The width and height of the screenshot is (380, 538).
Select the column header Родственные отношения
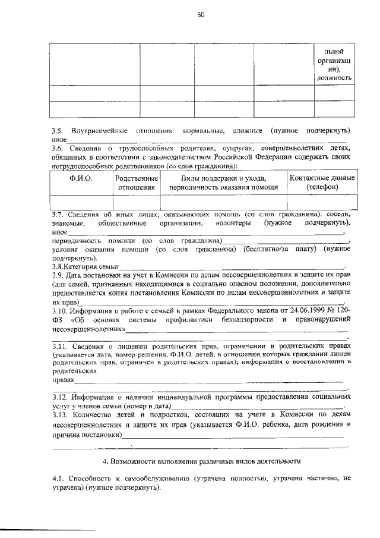[x=136, y=183]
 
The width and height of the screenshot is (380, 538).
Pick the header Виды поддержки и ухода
[x=223, y=178]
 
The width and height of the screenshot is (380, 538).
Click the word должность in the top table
[x=334, y=77]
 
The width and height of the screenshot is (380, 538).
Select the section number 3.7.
[x=57, y=214]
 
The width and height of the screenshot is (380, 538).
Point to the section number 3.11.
[x=59, y=345]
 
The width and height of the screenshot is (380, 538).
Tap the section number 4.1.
[x=58, y=479]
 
